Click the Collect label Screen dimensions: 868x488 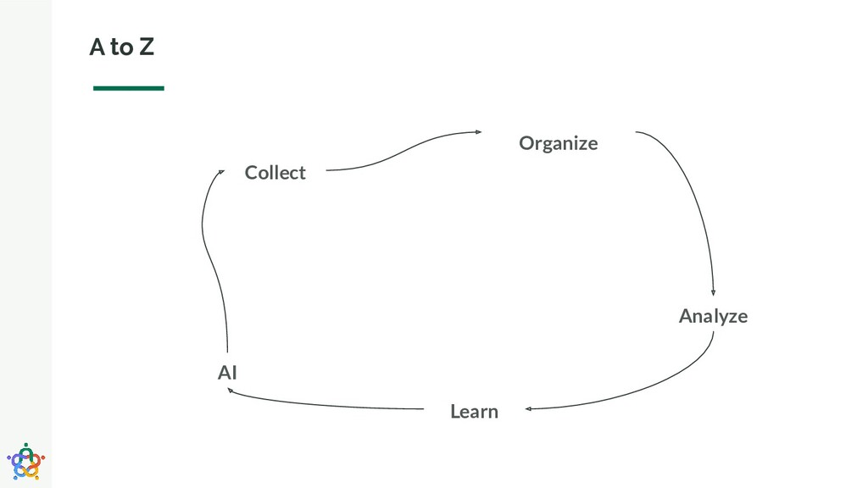(x=275, y=173)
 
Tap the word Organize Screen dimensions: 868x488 (x=558, y=143)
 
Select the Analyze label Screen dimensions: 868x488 (x=713, y=316)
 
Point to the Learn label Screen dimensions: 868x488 (x=474, y=412)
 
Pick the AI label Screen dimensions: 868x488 (x=227, y=372)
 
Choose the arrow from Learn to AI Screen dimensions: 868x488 (x=331, y=405)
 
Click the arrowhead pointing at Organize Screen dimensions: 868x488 (x=478, y=131)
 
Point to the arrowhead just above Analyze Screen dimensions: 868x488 (x=713, y=292)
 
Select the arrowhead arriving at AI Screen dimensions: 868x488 (x=233, y=391)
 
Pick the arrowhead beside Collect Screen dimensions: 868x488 (x=220, y=172)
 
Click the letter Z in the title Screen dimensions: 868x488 (x=147, y=48)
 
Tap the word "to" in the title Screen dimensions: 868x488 (x=121, y=48)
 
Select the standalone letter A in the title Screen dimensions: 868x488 (x=97, y=48)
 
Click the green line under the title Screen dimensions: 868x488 (x=128, y=87)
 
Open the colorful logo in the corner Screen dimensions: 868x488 (x=25, y=461)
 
